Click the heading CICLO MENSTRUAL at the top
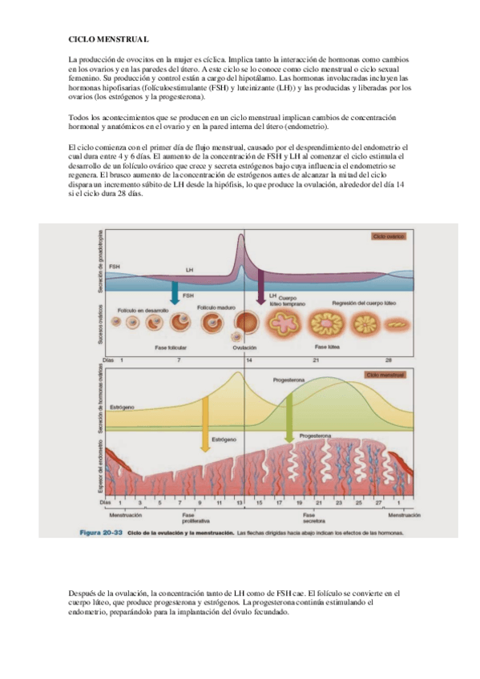[108, 38]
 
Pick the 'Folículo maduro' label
[212, 307]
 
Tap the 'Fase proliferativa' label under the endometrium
[188, 518]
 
